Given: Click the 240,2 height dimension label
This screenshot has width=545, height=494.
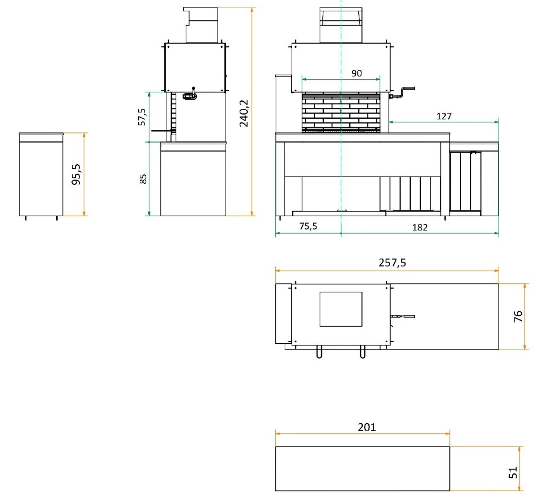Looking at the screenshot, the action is [244, 113].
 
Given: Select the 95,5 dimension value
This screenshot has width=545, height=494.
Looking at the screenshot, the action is [76, 174].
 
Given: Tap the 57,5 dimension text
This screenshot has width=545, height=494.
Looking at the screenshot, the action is [142, 117].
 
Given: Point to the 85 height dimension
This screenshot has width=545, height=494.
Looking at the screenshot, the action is [143, 179].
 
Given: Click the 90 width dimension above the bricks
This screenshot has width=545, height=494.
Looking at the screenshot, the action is [356, 73].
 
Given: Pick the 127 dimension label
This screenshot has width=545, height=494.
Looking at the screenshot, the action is [444, 116].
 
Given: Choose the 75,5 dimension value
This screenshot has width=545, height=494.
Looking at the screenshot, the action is [308, 226].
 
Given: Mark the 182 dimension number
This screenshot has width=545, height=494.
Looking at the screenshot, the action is [420, 227].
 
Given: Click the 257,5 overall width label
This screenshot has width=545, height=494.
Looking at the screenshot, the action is [392, 263].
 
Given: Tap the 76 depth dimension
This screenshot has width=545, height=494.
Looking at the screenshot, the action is [518, 316].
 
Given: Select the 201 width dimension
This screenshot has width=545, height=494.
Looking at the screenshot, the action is [367, 427].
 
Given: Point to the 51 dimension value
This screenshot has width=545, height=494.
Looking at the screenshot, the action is [513, 472].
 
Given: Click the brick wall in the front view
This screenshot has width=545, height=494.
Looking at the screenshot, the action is [341, 112].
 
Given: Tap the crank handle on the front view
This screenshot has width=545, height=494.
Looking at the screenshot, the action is [403, 92].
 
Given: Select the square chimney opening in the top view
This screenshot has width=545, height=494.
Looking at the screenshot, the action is [341, 309].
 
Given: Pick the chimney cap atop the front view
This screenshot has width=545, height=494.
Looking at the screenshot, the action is [341, 25].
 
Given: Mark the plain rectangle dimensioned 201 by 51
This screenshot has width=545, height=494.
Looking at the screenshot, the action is [363, 468].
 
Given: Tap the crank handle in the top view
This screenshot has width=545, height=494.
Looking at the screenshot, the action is [403, 316].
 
